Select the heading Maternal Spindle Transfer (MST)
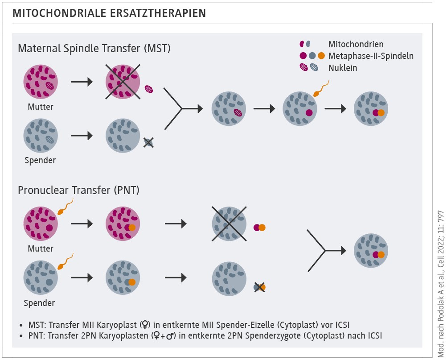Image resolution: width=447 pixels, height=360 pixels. tap(94, 48)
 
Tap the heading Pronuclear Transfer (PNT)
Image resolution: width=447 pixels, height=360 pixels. tap(79, 190)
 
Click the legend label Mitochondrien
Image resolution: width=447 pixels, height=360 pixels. tap(356, 44)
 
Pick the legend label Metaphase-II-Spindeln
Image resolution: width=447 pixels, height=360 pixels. tap(371, 56)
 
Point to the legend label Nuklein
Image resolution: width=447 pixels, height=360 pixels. tap(343, 68)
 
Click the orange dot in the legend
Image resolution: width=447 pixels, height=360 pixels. tap(321, 56)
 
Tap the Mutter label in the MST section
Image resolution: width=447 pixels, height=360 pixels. tap(41, 107)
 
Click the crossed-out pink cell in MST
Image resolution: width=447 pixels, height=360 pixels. tap(123, 82)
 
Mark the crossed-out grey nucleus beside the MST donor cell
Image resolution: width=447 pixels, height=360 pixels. tap(148, 142)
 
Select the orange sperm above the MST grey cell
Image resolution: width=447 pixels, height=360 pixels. tap(320, 89)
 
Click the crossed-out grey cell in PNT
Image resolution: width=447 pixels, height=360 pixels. tap(229, 224)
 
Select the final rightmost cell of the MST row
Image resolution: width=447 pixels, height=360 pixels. tap(371, 110)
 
